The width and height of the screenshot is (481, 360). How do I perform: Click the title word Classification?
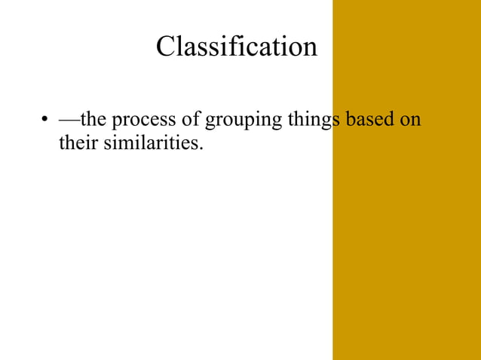237,47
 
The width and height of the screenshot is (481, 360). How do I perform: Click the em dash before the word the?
69,121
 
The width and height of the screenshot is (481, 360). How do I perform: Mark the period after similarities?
202,147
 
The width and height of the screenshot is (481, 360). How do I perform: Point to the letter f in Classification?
243,46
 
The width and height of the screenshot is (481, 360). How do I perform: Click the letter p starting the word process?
117,122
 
